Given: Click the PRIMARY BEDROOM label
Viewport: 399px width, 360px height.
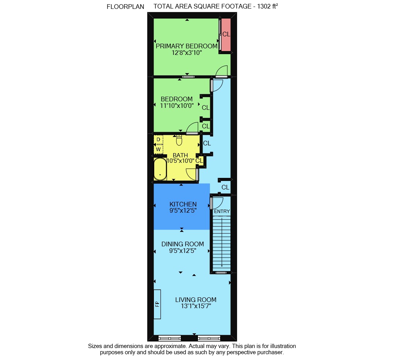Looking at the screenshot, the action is click(186, 46).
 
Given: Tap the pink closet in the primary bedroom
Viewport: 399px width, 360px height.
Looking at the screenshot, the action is click(226, 34).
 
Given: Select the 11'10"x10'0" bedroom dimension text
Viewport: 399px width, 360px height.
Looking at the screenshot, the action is click(177, 105).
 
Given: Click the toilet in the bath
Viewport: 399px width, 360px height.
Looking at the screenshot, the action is click(179, 140).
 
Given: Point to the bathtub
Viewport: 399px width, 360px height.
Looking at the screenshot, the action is click(160, 169).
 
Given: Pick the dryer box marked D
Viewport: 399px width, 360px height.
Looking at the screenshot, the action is click(158, 140).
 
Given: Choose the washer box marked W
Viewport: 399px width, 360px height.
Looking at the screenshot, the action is click(158, 149).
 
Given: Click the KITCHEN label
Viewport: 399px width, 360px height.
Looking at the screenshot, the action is click(183, 204).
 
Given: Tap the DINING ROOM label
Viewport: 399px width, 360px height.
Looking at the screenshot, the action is click(183, 244).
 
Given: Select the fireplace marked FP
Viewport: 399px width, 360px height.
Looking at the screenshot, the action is click(157, 304).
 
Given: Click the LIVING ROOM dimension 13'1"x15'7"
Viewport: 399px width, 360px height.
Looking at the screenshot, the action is click(196, 306).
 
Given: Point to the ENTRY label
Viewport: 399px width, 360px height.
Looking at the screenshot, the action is click(222, 212).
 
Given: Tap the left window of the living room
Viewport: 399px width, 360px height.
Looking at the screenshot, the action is click(169, 338).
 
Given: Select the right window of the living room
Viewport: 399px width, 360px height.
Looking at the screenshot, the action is click(209, 338).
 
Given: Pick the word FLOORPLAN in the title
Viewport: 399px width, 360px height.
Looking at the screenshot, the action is click(125, 7).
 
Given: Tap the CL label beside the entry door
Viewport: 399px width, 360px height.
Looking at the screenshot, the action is click(225, 187).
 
